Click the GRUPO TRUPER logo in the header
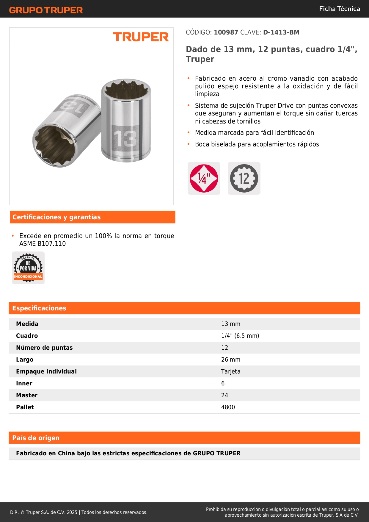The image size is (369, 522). click(46, 10)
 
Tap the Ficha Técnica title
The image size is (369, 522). click(339, 9)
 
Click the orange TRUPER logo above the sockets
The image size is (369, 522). click(141, 37)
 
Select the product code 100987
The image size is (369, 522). click(226, 32)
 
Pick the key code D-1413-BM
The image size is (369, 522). click(281, 32)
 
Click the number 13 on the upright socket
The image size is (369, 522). click(125, 139)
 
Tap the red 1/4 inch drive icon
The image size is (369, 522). click(204, 178)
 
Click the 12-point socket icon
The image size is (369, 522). click(244, 178)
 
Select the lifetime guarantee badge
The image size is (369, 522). click(28, 268)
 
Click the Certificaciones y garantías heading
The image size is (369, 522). click(56, 217)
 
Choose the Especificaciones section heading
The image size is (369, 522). click(39, 308)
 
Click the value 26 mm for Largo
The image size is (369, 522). click(230, 360)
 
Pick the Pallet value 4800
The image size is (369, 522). click(228, 407)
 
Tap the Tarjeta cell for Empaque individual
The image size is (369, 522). click(231, 371)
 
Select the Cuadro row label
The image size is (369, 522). click(27, 336)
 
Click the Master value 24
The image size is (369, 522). click(224, 395)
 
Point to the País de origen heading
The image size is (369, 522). click(36, 438)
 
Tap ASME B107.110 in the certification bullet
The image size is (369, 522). click(43, 243)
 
